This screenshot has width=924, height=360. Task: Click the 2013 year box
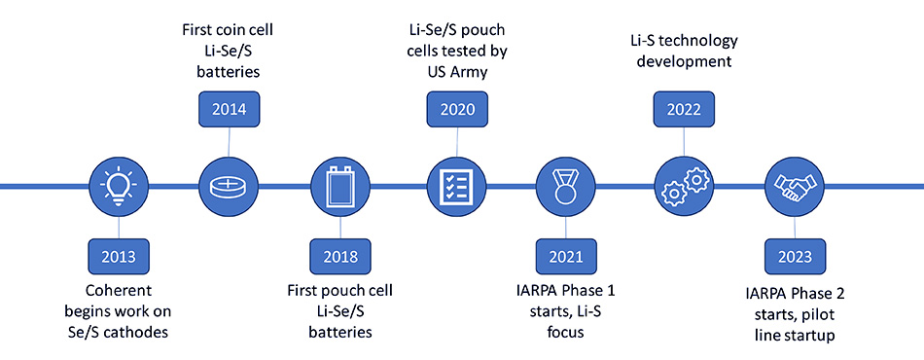(117, 258)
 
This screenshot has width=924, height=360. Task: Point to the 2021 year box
(566, 258)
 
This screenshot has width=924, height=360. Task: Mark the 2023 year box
(795, 258)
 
